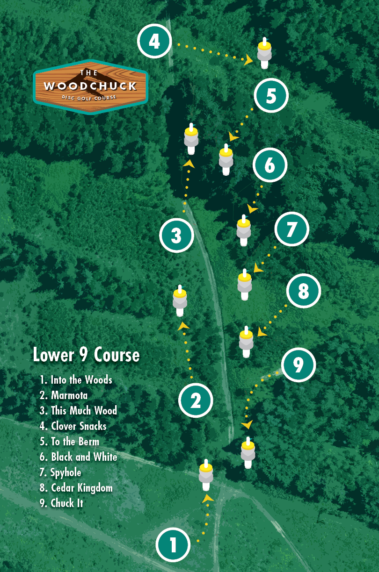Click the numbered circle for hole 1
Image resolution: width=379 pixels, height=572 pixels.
pos(173,544)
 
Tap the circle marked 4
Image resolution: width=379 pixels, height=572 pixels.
pos(154,42)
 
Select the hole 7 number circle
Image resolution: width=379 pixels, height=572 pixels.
pos(292,229)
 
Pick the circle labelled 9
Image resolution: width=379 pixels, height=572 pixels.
pos(299,365)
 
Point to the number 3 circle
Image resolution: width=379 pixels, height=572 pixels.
pos(176,236)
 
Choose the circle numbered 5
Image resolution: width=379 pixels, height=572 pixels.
pos(271,96)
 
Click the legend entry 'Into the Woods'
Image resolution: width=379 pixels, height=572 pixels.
pos(76,380)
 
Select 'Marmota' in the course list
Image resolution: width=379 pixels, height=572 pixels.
pos(64,395)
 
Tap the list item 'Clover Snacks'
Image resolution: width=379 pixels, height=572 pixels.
pos(73,426)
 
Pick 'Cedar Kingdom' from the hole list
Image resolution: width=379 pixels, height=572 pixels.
pos(76,488)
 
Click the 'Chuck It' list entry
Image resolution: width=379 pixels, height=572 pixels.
pos(62,503)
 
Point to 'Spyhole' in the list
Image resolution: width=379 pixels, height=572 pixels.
pos(60,472)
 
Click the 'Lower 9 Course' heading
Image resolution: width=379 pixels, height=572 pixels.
pos(86,355)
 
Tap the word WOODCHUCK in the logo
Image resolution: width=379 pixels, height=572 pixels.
pos(90,86)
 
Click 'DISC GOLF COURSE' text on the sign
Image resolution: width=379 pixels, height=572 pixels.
pos(89,97)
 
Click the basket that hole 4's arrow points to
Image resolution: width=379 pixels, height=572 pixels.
pos(264,54)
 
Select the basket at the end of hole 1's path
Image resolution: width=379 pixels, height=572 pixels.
pos(206,474)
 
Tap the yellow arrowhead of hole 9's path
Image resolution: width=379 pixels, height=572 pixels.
pos(247,425)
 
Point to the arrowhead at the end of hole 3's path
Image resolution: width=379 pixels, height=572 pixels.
pos(189,163)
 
